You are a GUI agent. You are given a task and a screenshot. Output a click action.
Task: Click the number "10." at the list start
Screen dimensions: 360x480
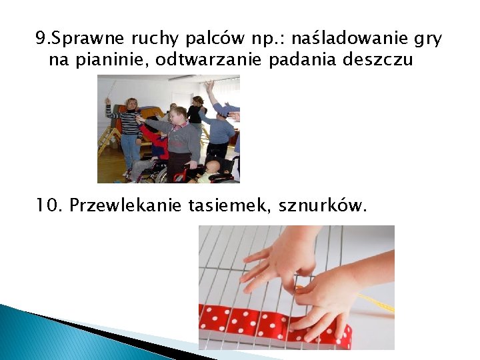pyautogui.click(x=49, y=207)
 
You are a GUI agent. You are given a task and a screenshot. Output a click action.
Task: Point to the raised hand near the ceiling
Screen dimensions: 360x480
pyautogui.click(x=210, y=86)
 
